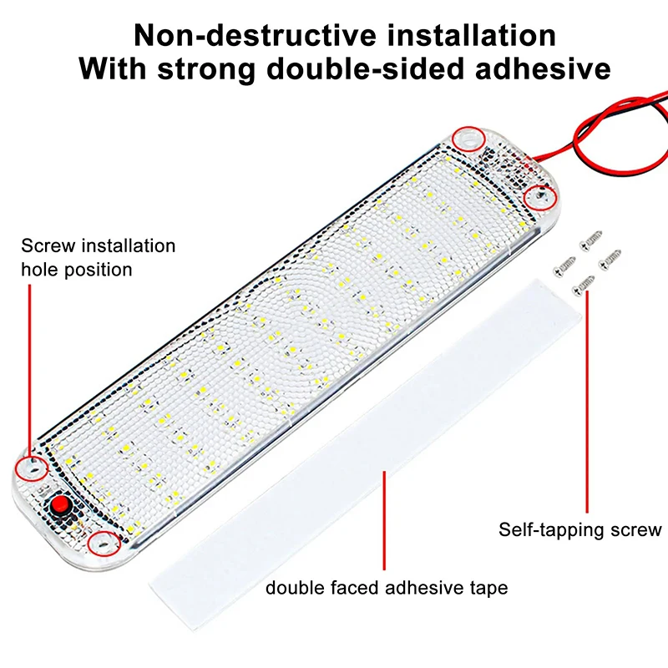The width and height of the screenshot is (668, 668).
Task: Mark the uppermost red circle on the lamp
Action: point(469,139)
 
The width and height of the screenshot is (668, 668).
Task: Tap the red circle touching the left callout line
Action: point(33,468)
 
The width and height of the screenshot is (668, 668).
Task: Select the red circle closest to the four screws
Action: point(539,196)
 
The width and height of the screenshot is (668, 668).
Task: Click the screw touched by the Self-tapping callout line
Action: point(584,288)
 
